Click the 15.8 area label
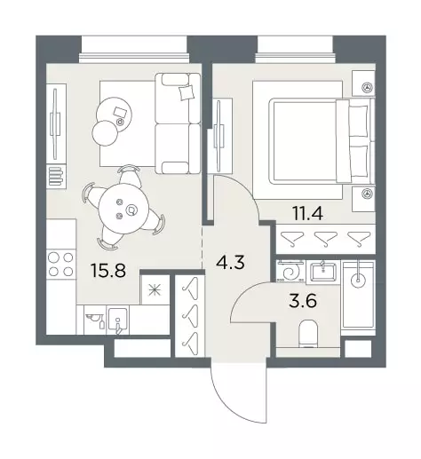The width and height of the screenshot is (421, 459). pos(108,271)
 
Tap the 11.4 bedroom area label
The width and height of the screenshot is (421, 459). pos(307,213)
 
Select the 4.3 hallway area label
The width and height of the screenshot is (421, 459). pos(230,262)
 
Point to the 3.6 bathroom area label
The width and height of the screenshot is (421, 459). pos(303,301)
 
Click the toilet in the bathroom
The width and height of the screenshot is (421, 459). pos(308,334)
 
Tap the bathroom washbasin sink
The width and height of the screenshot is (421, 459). pos(323,272)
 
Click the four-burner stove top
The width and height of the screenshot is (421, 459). pos(60,264)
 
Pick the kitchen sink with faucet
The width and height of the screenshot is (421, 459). pos(117,320)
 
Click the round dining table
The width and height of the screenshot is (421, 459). pos(123,209)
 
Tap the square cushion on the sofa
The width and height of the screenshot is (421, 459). pos(187,92)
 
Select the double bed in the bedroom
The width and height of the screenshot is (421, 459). pos(321,141)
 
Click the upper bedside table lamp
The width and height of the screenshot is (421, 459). pos(368,87)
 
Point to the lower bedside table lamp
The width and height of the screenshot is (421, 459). pos(368,194)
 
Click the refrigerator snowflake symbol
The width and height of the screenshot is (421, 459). pos(155,290)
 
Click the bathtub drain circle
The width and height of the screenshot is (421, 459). pos(359,280)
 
